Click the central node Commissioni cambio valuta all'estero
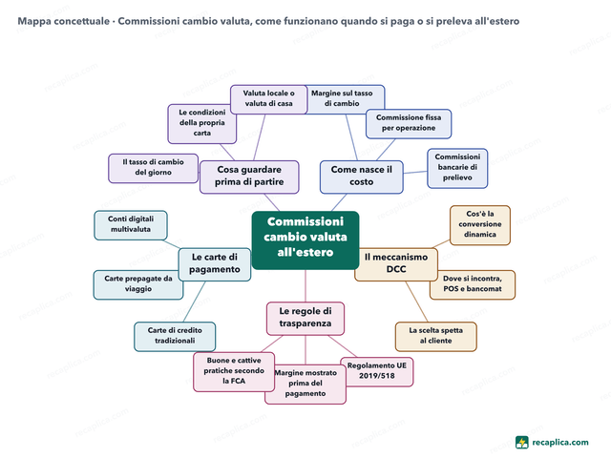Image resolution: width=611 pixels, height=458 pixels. pos(305,240)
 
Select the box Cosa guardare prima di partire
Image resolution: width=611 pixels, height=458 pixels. pos(249,177)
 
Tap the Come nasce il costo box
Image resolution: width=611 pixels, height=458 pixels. pos(362,177)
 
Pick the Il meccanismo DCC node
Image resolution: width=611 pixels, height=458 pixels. pos(396,264)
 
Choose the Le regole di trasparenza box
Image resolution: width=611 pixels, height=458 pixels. pos(305,318)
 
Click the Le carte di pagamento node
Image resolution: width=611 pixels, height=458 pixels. pos(214,264)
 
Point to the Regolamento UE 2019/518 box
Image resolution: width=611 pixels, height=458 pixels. pos(377,372)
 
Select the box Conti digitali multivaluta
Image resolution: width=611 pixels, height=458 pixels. pos(131,225)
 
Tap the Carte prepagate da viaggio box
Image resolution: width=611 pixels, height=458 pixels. pos(138,284)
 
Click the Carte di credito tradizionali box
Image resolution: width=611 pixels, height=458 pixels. pos(175,337)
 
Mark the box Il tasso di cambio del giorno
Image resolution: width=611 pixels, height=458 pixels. pos(153,168)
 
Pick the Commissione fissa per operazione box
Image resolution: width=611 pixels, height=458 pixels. pos(409,124)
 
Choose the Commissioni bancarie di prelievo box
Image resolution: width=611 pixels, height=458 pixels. pos(457,168)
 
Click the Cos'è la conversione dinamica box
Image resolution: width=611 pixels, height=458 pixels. pos(480,225)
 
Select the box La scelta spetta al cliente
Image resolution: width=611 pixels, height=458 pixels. pos(436,337)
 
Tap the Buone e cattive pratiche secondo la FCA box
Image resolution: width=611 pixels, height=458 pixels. pos(234,372)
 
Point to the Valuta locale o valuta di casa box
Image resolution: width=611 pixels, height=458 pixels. pos(269,99)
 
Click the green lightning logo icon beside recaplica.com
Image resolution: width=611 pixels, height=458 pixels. pos(522,443)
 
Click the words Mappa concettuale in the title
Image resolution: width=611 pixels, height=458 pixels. pos(64,21)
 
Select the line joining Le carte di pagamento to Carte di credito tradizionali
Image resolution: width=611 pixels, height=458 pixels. pos(194,302)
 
